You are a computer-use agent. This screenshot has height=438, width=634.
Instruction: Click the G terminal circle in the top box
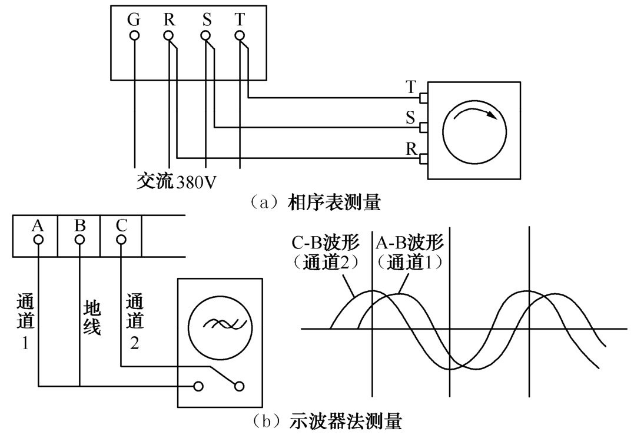click(134, 35)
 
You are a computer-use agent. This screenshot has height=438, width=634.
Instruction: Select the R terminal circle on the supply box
click(169, 35)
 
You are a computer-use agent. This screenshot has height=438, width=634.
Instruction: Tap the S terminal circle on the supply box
click(205, 35)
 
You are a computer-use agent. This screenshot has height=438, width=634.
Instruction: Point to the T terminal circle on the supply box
click(240, 35)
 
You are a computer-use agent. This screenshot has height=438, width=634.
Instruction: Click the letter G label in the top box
click(134, 19)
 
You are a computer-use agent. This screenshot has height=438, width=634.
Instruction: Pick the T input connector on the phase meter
click(423, 97)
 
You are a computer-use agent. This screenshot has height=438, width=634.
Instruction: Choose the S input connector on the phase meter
click(423, 127)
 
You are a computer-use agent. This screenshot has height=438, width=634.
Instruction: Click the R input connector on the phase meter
click(423, 158)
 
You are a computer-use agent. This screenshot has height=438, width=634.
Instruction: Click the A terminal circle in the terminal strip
click(38, 240)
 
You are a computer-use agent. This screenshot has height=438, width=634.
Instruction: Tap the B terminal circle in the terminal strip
click(79, 240)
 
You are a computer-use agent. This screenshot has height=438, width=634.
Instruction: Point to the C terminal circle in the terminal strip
click(121, 240)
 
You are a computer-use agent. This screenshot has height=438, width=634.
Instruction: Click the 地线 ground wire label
click(91, 317)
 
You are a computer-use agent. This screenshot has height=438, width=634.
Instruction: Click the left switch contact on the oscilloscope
click(200, 386)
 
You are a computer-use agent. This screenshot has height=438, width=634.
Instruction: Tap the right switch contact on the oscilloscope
click(239, 386)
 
